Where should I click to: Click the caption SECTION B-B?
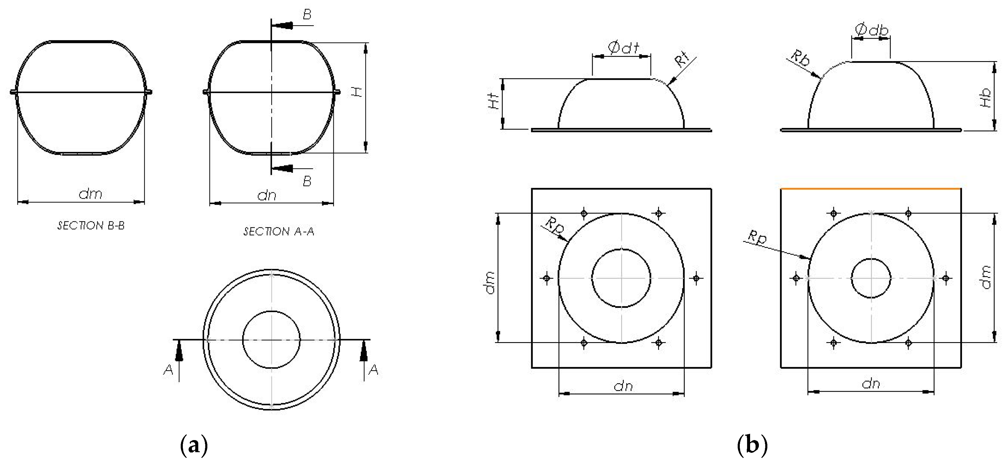(91, 226)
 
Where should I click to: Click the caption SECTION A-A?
(278, 232)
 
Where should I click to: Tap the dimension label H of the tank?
(356, 92)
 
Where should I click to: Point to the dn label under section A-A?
(267, 195)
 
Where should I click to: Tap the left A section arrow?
(179, 352)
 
